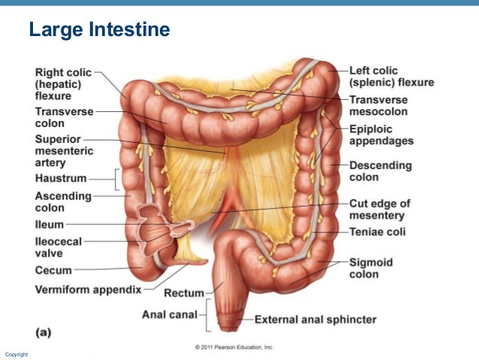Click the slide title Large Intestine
pos(99,31)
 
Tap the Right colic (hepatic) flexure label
pos(63,84)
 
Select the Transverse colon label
pos(63,117)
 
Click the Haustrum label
pos(61,179)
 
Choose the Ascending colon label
pos(63,202)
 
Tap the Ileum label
pos(50,225)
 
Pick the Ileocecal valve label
pos(59,247)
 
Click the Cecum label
pos(53,270)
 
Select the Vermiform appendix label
pos(87,289)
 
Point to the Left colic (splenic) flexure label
pos(390,77)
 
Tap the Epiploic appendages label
pos(381,135)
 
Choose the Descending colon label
pos(381,171)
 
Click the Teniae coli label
pos(377,232)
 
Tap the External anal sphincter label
pos(315,319)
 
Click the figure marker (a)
pos(44,331)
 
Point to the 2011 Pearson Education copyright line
pos(233,347)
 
